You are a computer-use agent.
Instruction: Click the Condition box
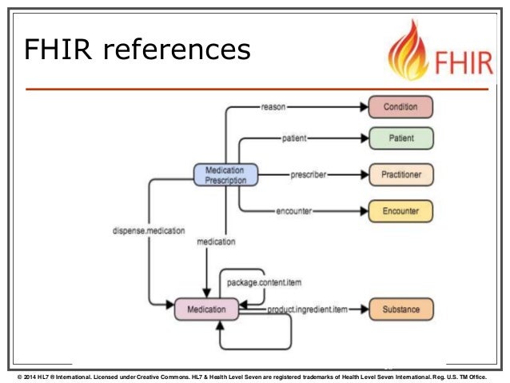click(x=400, y=106)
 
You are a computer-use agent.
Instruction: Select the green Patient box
click(x=400, y=138)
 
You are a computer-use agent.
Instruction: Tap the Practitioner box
click(x=400, y=174)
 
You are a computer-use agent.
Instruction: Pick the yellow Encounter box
click(x=400, y=212)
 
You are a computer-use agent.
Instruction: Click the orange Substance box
click(x=400, y=309)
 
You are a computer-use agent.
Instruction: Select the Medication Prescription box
click(x=225, y=174)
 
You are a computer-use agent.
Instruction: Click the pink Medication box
click(x=206, y=309)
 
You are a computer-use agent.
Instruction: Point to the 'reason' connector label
click(x=274, y=106)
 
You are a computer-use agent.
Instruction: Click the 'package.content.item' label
click(x=265, y=282)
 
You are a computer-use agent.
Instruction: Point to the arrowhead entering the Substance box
click(x=364, y=309)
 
